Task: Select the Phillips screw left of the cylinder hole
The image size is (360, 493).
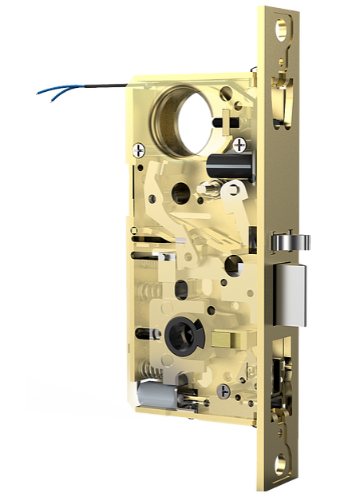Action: (140, 149)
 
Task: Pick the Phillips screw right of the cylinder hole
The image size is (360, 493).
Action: (239, 144)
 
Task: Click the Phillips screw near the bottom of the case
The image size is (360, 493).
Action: (224, 391)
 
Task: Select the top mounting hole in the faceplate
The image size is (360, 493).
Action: (283, 30)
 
